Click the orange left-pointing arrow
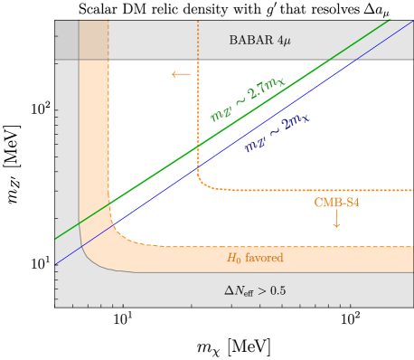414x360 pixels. point(181,74)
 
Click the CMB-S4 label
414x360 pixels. point(336,203)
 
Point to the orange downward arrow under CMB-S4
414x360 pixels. point(336,219)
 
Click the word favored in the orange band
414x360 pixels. point(265,258)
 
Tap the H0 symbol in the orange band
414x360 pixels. point(234,258)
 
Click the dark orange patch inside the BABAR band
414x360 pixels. point(94,40)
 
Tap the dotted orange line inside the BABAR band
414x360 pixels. point(197,40)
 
